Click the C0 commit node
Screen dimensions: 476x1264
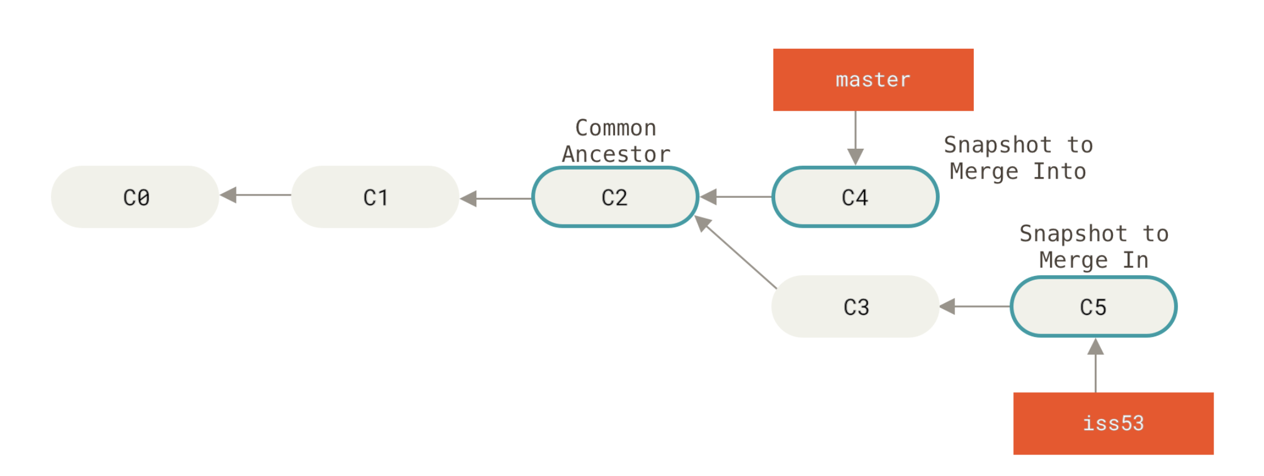(135, 197)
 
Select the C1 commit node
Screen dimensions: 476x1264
(375, 197)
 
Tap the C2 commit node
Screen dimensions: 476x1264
(615, 197)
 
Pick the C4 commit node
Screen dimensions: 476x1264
(855, 197)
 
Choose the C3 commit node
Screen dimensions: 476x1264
(855, 306)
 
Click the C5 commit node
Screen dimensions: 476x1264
(1093, 306)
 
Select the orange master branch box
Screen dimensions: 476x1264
(873, 80)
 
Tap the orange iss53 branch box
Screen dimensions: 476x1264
(1113, 423)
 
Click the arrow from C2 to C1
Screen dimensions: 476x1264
(496, 198)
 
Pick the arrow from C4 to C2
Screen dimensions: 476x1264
(736, 197)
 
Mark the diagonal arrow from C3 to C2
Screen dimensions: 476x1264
(736, 252)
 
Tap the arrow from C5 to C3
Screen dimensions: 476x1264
(975, 306)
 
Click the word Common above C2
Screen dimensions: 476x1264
(616, 128)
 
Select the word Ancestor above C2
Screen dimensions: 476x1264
(616, 154)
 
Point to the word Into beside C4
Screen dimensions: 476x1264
(1059, 171)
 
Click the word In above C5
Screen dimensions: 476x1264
(1135, 260)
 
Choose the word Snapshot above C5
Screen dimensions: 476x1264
(1073, 234)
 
